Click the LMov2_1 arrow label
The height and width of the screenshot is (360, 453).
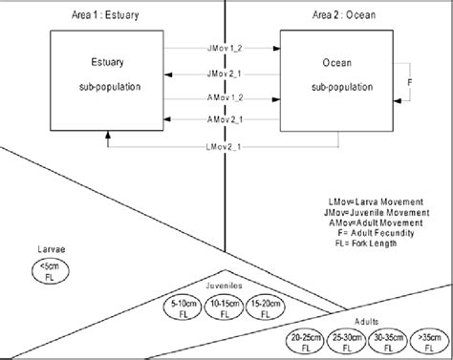222,145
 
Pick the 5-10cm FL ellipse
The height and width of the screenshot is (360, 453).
182,307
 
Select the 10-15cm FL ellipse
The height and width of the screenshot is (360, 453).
223,307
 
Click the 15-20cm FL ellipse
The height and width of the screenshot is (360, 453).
264,307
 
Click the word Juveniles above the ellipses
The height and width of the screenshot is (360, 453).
223,285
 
